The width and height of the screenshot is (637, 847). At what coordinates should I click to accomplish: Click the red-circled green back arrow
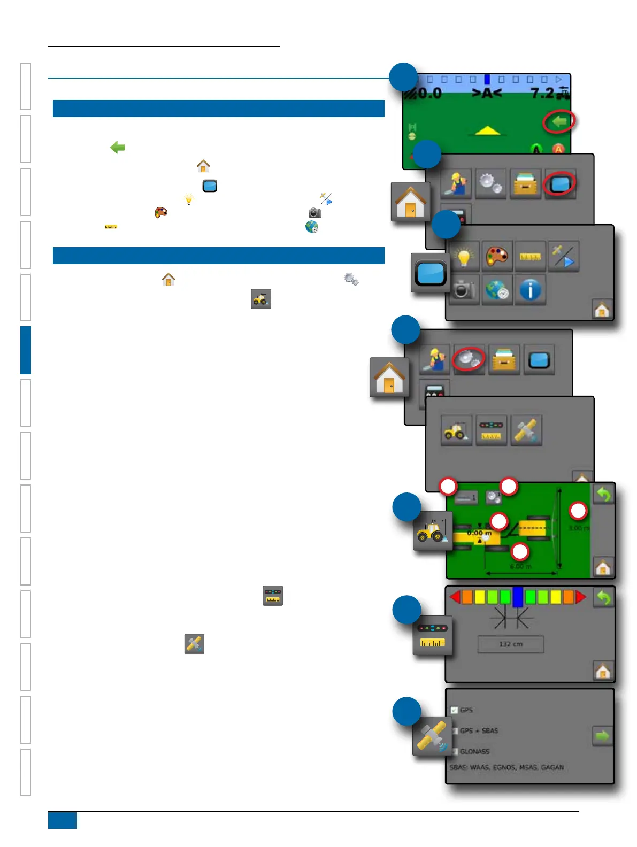[559, 122]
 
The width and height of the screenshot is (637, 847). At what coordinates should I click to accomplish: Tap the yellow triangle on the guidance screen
[487, 130]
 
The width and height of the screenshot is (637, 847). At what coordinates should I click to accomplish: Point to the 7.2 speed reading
[542, 94]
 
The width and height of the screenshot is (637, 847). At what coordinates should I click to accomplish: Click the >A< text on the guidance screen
[486, 94]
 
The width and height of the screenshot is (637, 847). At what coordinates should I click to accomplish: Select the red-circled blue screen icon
[559, 184]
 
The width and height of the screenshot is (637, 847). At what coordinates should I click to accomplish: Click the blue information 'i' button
[530, 290]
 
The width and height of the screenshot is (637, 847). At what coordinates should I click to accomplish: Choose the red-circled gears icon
[468, 359]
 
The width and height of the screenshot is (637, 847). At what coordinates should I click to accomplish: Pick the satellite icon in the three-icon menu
[526, 430]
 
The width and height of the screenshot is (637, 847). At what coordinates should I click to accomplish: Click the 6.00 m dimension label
[520, 566]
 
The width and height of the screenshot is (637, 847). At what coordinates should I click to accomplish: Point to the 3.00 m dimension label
[579, 528]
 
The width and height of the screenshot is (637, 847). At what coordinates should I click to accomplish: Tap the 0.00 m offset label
[479, 533]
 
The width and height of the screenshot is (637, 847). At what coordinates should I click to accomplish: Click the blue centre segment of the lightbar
[517, 597]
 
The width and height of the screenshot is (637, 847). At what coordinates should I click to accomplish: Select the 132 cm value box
[510, 644]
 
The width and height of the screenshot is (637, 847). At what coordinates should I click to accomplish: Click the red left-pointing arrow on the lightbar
[455, 597]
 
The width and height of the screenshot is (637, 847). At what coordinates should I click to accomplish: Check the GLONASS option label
[474, 751]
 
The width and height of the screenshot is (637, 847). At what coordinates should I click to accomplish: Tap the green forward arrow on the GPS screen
[602, 736]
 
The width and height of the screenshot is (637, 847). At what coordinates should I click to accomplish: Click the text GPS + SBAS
[479, 730]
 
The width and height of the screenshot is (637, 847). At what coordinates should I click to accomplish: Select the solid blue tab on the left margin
[26, 350]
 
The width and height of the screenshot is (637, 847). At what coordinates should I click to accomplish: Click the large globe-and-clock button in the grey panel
[497, 290]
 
